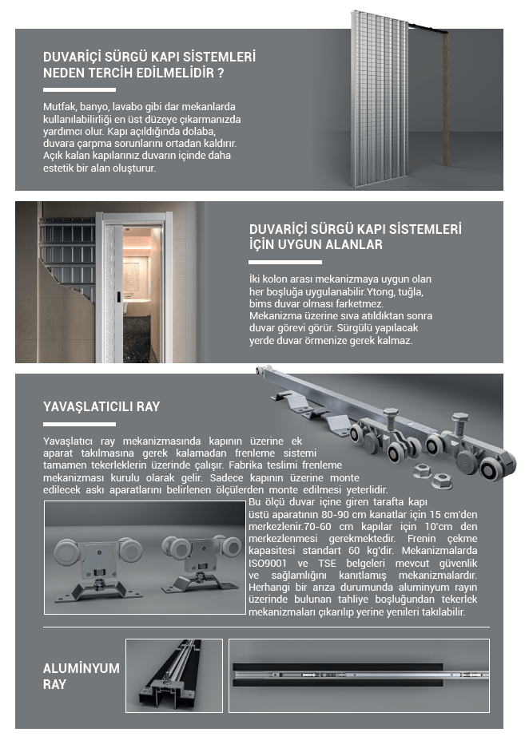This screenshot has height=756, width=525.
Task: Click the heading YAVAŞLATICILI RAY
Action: (101, 406)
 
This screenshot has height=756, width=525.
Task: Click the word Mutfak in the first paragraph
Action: (58, 107)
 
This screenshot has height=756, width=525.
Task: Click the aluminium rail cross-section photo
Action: (173, 675)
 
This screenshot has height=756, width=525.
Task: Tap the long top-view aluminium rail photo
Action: (358, 675)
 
